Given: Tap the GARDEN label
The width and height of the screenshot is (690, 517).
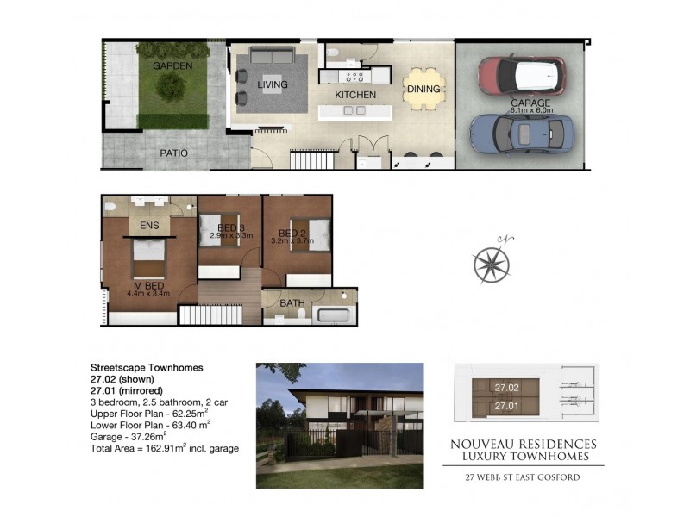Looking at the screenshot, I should tap(172, 65).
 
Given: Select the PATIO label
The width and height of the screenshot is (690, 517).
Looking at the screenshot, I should tap(173, 153).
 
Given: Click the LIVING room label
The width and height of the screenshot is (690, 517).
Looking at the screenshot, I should tap(271, 84).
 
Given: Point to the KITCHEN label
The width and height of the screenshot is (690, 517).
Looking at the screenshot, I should tap(355, 94).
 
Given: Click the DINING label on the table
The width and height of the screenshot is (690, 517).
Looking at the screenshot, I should tap(423, 89).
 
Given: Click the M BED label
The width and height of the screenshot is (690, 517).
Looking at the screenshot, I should tap(149, 285).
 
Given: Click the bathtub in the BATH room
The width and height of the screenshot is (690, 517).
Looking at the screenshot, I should tap(333, 315).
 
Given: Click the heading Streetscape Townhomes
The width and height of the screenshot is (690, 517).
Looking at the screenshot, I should tap(147, 367).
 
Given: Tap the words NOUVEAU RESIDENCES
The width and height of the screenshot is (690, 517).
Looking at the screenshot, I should tap(523, 444).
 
